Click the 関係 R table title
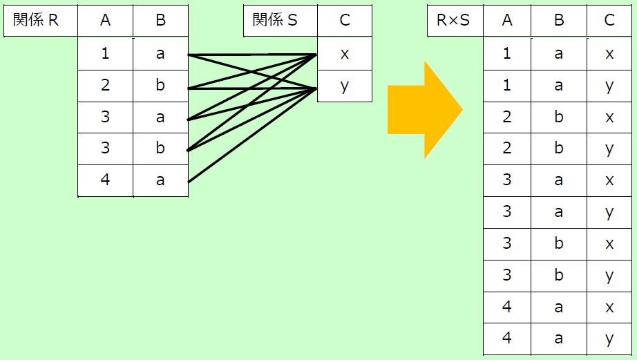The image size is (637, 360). (x=36, y=20)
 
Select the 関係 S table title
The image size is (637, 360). (x=275, y=20)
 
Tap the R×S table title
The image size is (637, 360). (x=453, y=20)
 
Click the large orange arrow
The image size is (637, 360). (x=425, y=110)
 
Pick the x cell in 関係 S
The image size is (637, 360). (x=345, y=54)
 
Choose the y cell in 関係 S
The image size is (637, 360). (x=345, y=86)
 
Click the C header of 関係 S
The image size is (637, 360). (x=345, y=20)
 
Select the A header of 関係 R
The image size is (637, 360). (x=105, y=20)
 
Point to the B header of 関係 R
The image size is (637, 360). (x=160, y=20)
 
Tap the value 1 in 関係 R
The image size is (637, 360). (x=105, y=54)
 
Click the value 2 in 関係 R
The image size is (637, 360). (x=105, y=85)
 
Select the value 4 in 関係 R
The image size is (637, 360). (x=105, y=180)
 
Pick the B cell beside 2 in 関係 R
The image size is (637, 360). (x=160, y=85)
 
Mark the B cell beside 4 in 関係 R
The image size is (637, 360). (x=160, y=180)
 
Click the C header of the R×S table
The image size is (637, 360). (x=609, y=20)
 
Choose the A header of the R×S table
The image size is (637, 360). (x=507, y=20)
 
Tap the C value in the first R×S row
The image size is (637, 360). (x=609, y=54)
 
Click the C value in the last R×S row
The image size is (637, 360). (x=609, y=339)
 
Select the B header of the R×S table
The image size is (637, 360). (x=559, y=20)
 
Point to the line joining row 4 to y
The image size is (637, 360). (x=252, y=135)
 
